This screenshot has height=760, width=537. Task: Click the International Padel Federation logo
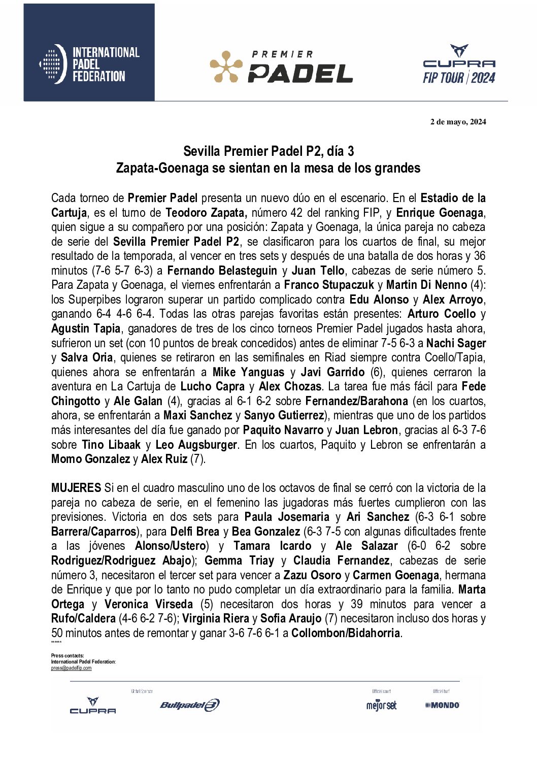click(89, 64)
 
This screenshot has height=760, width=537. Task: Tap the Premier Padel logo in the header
click(281, 67)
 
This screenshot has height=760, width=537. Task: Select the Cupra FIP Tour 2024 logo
click(459, 64)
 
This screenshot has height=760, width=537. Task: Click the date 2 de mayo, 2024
click(458, 122)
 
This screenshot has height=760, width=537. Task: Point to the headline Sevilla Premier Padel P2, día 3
click(268, 151)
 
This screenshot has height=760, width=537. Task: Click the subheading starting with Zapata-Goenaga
click(268, 168)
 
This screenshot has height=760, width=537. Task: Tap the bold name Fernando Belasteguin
click(222, 271)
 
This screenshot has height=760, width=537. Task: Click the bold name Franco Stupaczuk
click(328, 285)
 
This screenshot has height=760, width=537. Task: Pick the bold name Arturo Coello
click(442, 314)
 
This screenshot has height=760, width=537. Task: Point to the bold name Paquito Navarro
click(283, 431)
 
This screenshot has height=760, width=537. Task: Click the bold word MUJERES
click(76, 488)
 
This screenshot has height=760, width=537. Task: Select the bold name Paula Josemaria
click(287, 517)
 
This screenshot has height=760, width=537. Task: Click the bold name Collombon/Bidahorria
click(346, 634)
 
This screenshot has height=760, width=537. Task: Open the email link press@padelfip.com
click(71, 668)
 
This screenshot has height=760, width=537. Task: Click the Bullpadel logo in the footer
click(189, 705)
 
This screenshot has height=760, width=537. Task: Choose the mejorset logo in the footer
click(381, 705)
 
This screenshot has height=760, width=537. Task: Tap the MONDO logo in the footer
click(442, 705)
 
